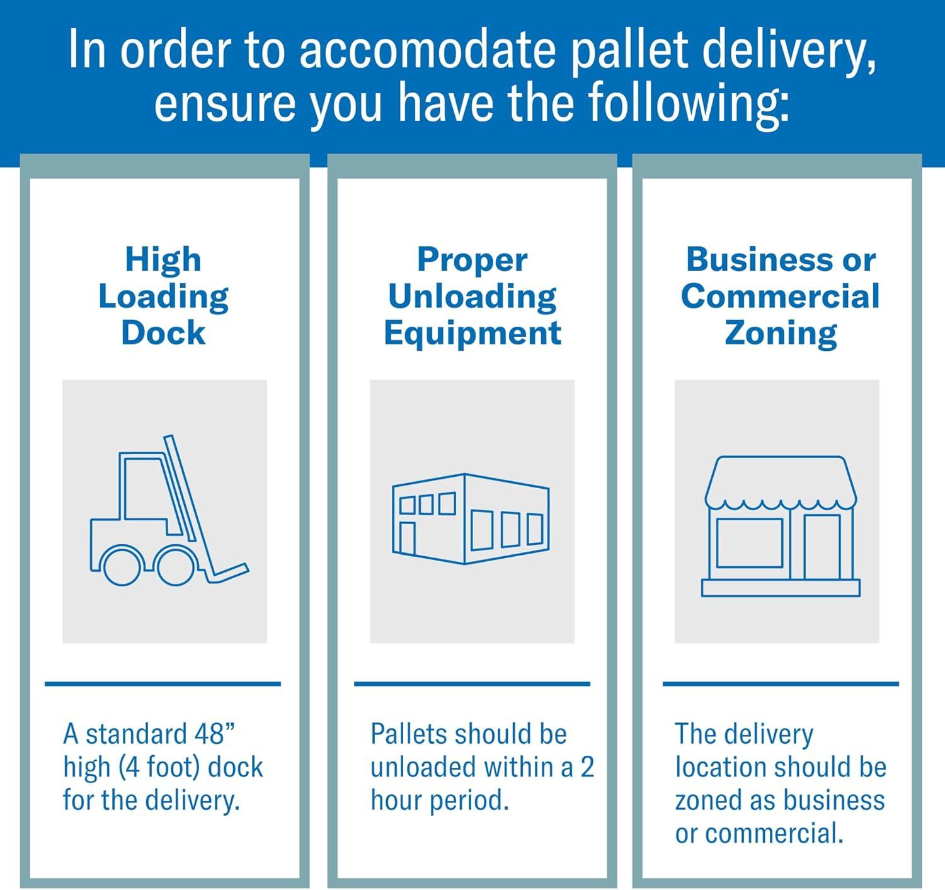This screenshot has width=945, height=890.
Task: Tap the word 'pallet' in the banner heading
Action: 628,50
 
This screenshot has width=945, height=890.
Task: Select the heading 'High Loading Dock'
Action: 164,296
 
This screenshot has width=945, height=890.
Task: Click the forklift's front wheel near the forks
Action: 176,566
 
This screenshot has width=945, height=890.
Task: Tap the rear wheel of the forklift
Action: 122,566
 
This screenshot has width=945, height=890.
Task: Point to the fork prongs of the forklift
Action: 227,573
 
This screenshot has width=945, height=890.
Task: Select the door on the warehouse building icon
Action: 408,538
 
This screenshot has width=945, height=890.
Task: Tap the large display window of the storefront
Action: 750,543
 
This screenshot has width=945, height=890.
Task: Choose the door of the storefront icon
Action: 822,547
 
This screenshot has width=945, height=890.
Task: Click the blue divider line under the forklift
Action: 163,684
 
